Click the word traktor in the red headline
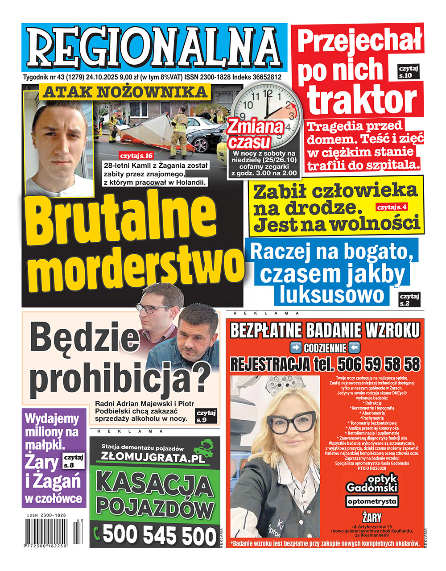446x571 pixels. coord(362,99)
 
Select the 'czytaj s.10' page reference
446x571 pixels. coord(409,72)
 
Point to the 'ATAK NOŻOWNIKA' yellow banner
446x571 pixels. coord(125,92)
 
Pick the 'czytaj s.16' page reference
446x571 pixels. coord(136,156)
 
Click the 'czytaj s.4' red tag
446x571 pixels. coord(392,207)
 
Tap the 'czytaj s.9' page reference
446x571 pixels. coord(206,416)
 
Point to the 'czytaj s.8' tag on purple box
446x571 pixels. coord(74,461)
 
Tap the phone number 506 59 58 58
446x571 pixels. coord(378,364)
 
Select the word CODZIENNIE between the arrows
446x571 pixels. coord(325,348)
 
